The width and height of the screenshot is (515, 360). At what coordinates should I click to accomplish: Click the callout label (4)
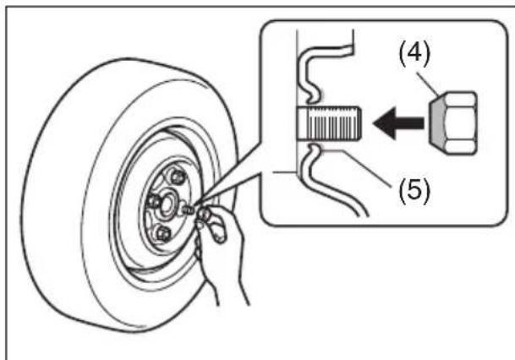click(414, 54)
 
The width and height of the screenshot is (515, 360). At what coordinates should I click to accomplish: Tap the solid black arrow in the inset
click(398, 123)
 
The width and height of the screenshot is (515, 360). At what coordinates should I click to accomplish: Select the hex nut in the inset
click(453, 123)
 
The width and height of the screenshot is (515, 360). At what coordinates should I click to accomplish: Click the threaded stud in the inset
click(329, 123)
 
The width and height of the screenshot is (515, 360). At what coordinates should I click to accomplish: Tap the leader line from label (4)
click(428, 85)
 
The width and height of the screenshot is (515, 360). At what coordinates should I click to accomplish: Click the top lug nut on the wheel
click(178, 177)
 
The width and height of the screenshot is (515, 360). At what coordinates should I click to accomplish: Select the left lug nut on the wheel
click(153, 201)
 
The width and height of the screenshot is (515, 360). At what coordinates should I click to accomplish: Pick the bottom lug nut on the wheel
click(162, 233)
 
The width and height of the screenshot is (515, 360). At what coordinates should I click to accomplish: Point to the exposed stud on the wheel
click(188, 210)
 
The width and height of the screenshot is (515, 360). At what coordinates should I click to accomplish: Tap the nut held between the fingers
click(204, 215)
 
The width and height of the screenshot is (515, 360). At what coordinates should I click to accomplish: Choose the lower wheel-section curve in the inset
click(328, 180)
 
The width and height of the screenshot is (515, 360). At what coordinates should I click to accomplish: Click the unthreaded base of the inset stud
click(302, 123)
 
